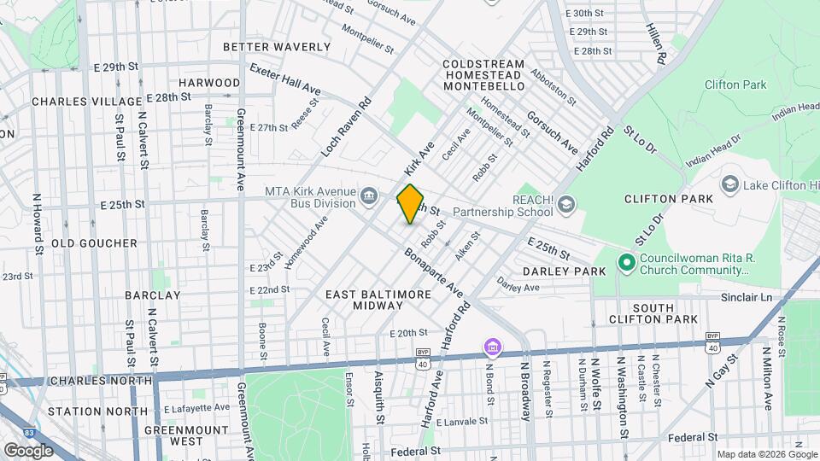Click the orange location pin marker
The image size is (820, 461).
(410, 204)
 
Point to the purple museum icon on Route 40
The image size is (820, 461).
(492, 347)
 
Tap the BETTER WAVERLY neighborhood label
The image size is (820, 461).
(276, 46)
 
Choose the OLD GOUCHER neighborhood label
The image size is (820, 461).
(95, 243)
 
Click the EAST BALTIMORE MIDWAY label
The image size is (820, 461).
(378, 300)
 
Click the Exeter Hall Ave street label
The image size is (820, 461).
(285, 79)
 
